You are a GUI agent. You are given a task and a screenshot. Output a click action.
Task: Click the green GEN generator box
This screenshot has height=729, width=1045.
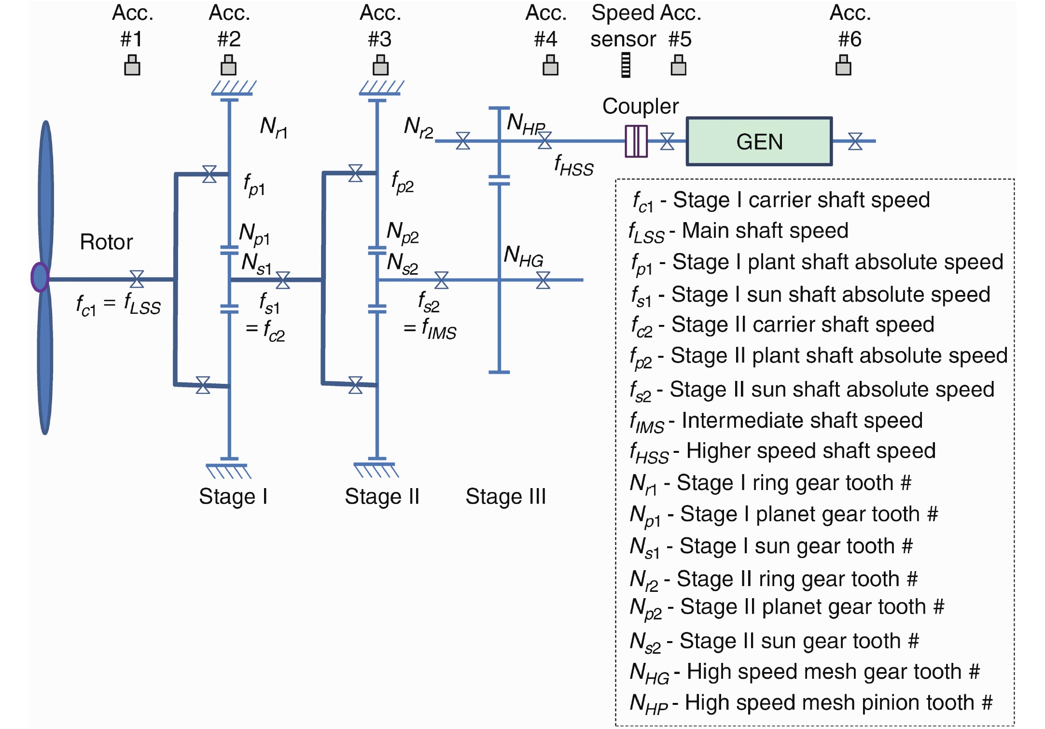pos(759,141)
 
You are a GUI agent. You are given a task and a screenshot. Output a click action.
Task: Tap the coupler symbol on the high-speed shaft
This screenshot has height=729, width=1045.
pos(636,141)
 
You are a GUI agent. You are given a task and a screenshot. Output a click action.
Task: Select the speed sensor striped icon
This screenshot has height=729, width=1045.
pos(626,65)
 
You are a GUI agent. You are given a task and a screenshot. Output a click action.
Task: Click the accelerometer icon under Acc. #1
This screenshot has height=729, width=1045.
pos(132,65)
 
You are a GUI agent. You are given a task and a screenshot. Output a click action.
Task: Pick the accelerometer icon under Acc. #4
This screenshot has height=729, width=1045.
pos(550,65)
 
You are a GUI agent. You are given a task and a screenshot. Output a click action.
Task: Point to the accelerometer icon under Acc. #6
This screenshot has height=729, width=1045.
pos(843,65)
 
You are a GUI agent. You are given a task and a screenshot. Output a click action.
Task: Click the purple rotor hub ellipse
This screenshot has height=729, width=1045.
pos(40,277)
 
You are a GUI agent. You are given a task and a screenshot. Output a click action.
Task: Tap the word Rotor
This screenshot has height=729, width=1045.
pos(106,242)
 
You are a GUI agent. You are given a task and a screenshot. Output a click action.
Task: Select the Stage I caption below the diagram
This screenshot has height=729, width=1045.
pos(233,496)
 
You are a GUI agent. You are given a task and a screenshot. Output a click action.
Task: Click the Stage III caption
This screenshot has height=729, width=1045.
pos(505,496)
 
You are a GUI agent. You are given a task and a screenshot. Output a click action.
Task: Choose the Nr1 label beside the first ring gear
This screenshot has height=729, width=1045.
pos(274,127)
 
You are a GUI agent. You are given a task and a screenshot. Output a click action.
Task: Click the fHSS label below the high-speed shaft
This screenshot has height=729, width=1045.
pos(573,165)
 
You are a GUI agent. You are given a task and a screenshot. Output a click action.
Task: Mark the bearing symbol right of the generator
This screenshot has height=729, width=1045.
pos(855,141)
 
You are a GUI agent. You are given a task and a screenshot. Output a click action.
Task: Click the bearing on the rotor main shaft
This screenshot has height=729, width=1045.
pos(137,279)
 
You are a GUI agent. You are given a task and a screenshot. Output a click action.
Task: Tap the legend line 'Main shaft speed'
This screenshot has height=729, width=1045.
pos(738,231)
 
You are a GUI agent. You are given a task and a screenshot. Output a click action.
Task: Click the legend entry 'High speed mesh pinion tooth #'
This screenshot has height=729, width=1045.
pos(811,703)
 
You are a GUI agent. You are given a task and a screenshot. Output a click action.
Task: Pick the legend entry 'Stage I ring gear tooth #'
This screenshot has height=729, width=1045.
pos(770,483)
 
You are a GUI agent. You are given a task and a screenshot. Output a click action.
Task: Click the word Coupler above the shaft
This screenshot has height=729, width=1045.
pos(640,106)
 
